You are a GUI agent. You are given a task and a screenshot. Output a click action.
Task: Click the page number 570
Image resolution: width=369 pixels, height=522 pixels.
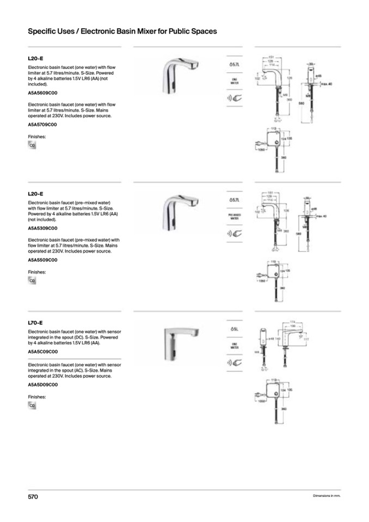click(33, 496)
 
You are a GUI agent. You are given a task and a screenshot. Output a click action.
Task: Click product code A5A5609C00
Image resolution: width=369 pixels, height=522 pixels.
click(42, 93)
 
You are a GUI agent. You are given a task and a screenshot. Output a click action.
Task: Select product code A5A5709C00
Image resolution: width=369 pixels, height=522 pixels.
click(42, 124)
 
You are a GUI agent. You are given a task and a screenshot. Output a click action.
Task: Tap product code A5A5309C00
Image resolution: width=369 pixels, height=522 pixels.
click(42, 228)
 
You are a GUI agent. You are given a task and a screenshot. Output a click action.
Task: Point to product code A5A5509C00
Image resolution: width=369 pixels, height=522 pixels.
click(42, 260)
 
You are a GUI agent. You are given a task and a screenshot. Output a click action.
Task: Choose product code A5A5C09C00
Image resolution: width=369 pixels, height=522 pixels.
click(42, 352)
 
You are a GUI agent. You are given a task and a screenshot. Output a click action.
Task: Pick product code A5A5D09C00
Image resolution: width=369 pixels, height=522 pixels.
click(42, 384)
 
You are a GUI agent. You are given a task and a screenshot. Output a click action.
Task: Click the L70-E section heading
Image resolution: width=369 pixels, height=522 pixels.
click(35, 322)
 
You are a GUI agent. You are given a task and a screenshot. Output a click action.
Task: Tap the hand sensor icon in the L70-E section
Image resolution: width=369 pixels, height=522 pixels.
click(235, 362)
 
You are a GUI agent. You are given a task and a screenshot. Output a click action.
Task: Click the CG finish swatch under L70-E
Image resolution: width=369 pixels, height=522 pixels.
click(32, 406)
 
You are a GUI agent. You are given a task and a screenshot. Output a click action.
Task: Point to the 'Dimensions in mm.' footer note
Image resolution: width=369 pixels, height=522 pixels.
click(327, 496)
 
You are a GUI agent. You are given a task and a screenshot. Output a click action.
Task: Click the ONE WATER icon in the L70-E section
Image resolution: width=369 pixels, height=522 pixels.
click(235, 346)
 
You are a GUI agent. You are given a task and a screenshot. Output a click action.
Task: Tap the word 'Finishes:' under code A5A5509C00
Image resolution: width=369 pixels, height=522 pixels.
click(37, 272)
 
